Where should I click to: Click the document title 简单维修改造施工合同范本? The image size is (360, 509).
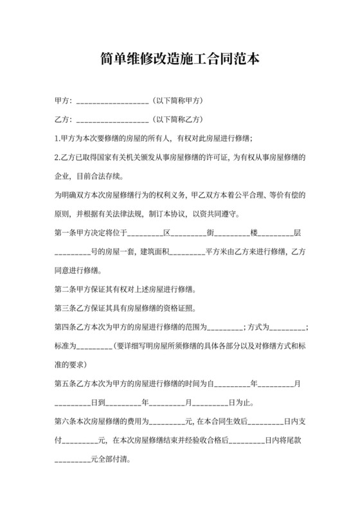coord(180,60)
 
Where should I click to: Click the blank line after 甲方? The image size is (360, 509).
coord(113,102)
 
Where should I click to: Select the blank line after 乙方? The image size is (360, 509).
coord(113,120)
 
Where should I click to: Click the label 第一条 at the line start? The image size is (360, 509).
coord(65,231)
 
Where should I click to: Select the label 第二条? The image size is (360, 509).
coord(65,289)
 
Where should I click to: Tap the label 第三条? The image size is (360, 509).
coord(65,307)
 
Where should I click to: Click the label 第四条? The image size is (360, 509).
coord(65,326)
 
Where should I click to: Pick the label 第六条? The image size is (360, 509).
coord(65,422)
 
